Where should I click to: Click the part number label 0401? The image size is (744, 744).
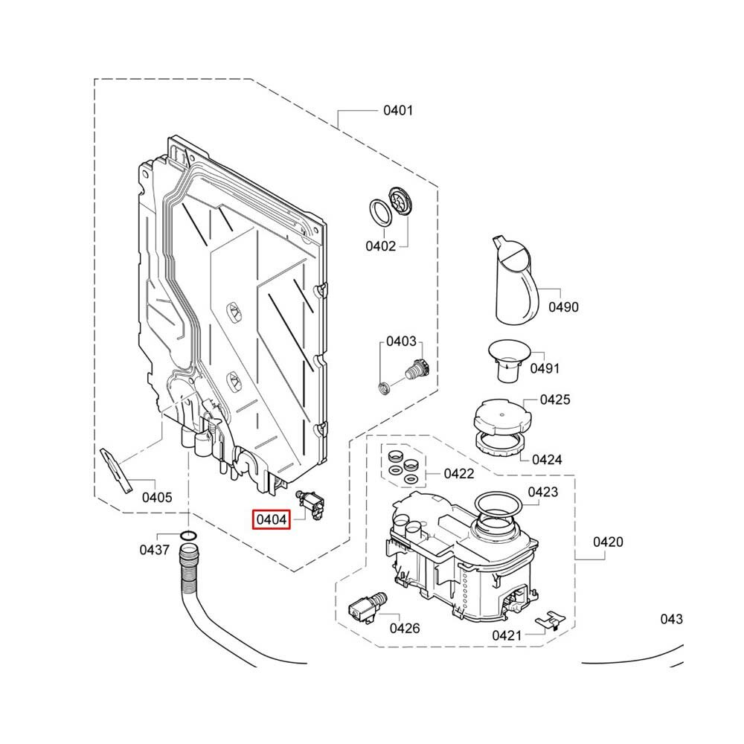coord(398,111)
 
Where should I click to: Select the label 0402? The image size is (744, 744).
coord(381,246)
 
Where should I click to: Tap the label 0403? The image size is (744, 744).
coord(401,341)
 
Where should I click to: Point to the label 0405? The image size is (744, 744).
coord(156,497)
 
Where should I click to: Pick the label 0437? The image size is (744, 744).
coord(155,550)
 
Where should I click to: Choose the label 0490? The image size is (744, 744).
coord(563,307)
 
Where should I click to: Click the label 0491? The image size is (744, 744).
coord(545,368)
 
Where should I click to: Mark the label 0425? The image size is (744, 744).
coord(555,400)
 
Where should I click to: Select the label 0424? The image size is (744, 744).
coord(547,459)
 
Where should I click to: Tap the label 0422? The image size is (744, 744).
coord(459,473)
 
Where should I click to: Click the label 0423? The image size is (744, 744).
coord(543,492)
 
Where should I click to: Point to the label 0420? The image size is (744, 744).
coord(608,542)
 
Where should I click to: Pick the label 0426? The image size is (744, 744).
coord(405,628)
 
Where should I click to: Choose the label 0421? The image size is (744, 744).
coord(507,635)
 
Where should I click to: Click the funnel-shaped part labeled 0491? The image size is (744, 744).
coord(508,358)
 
